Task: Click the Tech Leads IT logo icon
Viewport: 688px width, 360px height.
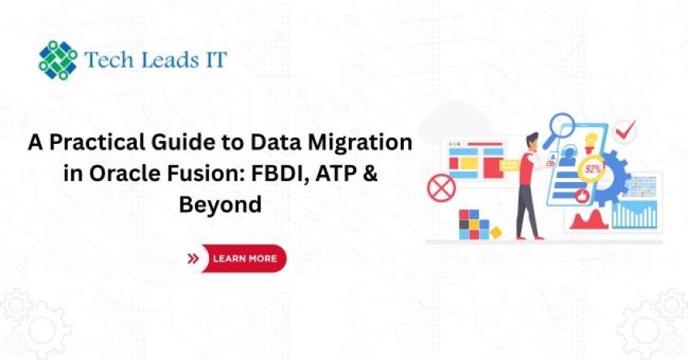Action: click(x=59, y=59)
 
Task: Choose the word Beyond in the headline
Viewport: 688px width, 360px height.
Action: click(x=220, y=205)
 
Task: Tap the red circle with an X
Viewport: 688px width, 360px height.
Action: click(x=441, y=189)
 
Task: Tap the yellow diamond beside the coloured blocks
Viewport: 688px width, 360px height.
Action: click(x=495, y=232)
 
